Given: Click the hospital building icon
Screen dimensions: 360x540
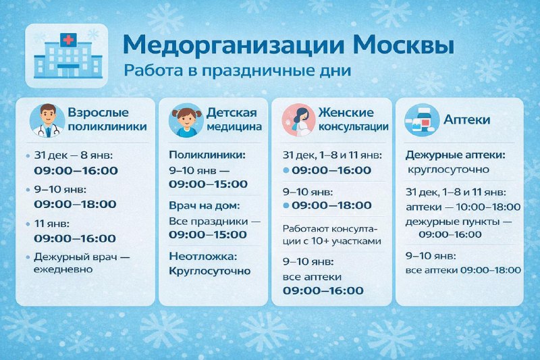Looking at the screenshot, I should click(x=67, y=55).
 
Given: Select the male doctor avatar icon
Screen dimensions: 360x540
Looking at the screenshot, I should click(x=47, y=120).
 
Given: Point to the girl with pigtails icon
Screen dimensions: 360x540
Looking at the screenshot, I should click(x=186, y=120).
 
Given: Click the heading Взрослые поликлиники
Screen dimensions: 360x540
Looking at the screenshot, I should click(x=107, y=119).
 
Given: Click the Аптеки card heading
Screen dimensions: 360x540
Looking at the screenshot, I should click(x=467, y=120).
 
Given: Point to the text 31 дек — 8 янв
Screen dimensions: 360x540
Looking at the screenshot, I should click(x=70, y=155).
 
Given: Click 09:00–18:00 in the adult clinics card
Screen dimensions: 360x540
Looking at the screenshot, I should click(x=75, y=204).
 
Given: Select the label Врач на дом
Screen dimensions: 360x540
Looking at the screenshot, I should click(x=204, y=205).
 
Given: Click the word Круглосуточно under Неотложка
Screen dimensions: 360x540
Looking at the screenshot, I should click(x=210, y=271).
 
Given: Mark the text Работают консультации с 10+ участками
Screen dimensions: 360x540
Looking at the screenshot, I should click(x=332, y=234).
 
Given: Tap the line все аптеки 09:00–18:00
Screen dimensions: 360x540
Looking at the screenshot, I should click(x=463, y=270).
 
